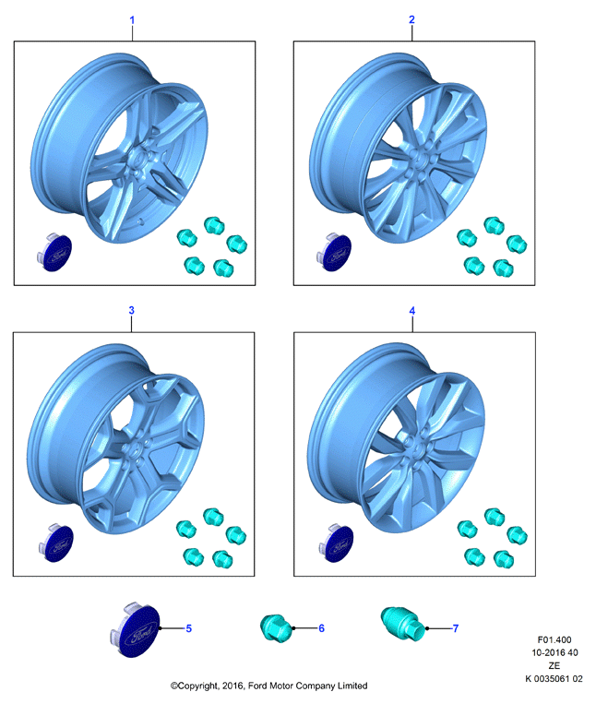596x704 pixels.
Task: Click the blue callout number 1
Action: (x=132, y=20)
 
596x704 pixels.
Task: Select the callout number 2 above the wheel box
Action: (x=411, y=19)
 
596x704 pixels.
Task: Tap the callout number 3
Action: (x=132, y=310)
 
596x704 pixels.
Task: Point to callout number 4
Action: (x=412, y=311)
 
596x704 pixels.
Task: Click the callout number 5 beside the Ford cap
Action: (x=189, y=628)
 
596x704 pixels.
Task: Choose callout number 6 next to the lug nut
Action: (x=321, y=628)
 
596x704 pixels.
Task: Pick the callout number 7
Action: (x=456, y=628)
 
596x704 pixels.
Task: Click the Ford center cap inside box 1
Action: (x=54, y=253)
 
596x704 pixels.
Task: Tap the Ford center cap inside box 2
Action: (x=334, y=253)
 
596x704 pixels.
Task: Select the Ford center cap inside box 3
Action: (x=56, y=543)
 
